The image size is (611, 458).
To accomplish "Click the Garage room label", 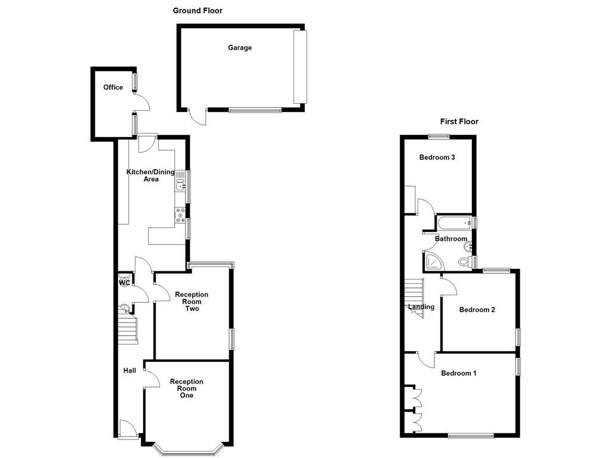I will [239, 48].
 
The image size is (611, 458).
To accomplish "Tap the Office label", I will [113, 88].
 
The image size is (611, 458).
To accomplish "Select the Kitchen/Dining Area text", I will [150, 175].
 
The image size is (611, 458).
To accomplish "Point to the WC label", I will [124, 283].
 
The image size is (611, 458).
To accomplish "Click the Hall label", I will [129, 371].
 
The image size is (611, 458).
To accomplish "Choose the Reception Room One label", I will [186, 388].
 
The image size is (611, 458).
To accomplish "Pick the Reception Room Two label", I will [192, 301].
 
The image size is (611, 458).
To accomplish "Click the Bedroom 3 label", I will [437, 158].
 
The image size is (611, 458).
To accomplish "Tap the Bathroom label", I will [450, 239].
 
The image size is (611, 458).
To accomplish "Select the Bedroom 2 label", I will [477, 310].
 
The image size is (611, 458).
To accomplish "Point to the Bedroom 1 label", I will [458, 374].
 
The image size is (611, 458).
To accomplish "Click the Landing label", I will [421, 308].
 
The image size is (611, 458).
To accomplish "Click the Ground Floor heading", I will [198, 11].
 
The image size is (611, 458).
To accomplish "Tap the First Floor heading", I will [459, 122].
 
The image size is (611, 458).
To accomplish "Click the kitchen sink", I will [180, 185].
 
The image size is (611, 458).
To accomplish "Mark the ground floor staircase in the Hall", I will [127, 330].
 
